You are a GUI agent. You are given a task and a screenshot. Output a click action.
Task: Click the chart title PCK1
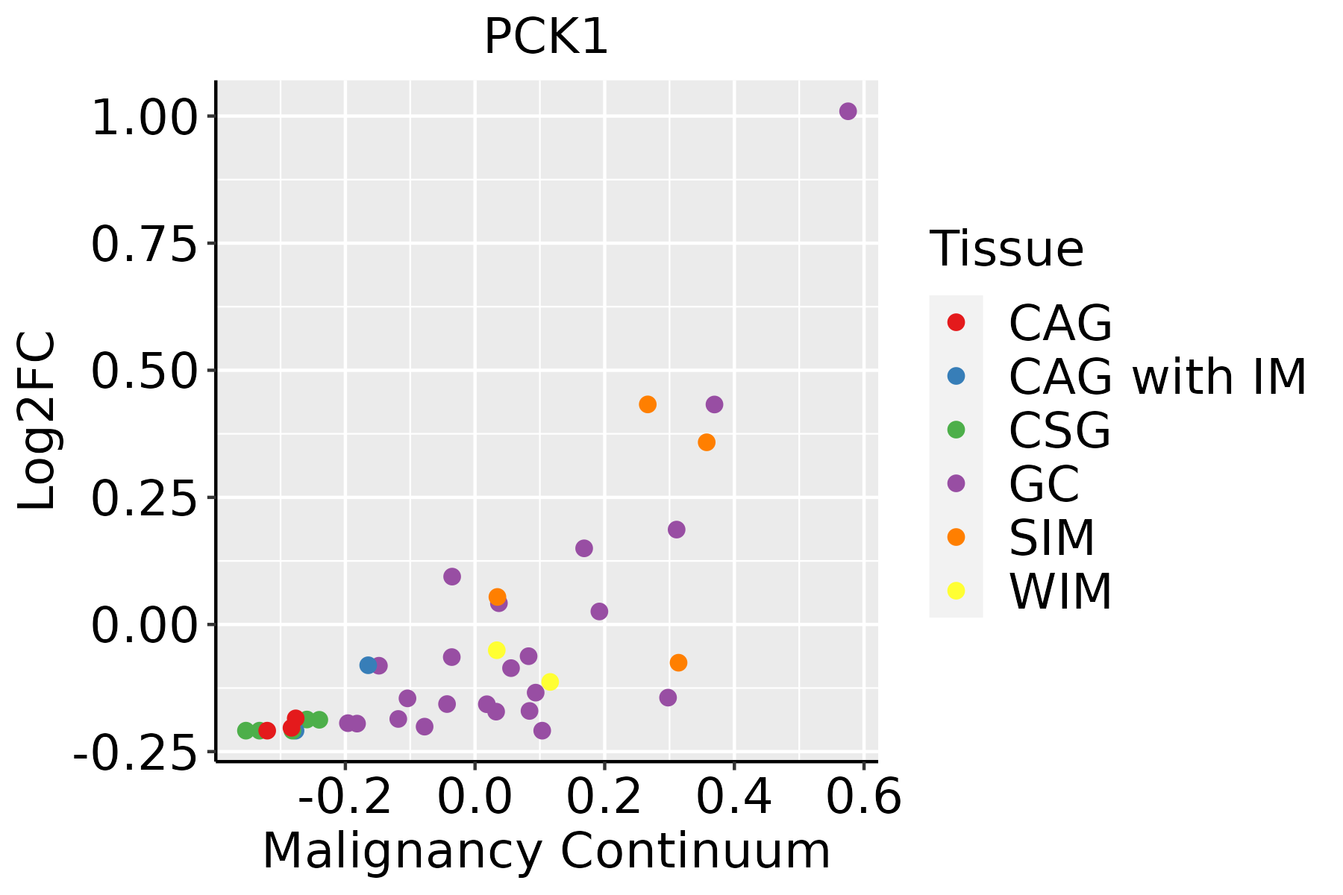tap(546, 37)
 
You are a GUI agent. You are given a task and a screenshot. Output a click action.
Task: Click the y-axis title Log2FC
tap(37, 421)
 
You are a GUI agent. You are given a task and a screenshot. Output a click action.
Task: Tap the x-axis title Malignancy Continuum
tap(546, 851)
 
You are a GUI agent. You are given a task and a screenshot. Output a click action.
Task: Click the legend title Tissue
tap(1007, 249)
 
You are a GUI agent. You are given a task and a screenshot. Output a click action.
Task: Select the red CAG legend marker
tap(956, 322)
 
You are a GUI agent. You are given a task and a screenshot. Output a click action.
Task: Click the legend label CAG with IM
tap(1157, 377)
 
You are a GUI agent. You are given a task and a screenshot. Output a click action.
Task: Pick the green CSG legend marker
tap(956, 430)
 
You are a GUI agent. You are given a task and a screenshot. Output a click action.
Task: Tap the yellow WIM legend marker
tap(956, 591)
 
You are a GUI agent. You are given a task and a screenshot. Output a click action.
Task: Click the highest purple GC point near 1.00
tap(848, 112)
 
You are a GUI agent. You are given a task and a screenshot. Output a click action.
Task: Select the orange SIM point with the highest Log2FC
tap(648, 404)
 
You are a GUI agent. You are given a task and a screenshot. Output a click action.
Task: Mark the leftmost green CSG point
tap(245, 730)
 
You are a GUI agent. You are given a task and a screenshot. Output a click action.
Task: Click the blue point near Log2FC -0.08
tap(368, 665)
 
